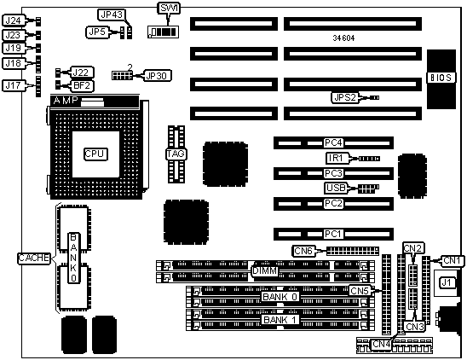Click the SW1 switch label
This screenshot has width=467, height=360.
[x=169, y=8]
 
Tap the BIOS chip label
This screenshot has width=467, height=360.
[x=441, y=78]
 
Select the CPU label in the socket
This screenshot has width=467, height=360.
[x=95, y=154]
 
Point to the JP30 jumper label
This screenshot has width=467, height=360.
[x=157, y=76]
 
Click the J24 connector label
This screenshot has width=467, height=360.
[x=14, y=20]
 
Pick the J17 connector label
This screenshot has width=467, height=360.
[x=14, y=85]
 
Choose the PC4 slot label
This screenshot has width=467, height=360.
[x=333, y=142]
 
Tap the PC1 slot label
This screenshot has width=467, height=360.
[x=332, y=234]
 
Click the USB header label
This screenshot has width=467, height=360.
[x=336, y=188]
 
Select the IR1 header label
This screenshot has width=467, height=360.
[x=336, y=158]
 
